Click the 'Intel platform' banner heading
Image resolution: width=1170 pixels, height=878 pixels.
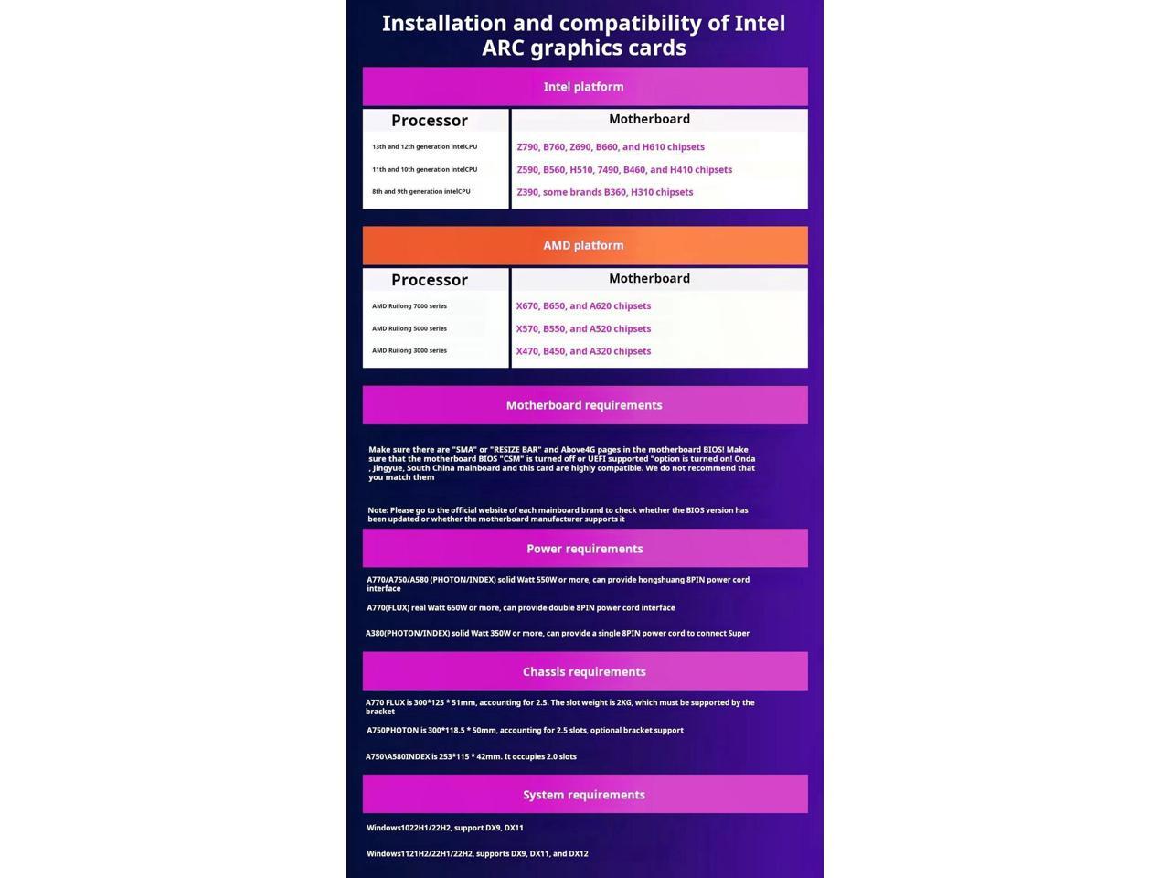(x=583, y=87)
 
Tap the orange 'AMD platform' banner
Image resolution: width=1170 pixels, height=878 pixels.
(x=583, y=245)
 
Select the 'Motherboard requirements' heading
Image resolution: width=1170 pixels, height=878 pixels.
(x=584, y=405)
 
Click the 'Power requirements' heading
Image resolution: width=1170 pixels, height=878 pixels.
(x=584, y=549)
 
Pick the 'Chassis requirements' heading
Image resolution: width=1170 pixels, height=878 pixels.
(x=584, y=671)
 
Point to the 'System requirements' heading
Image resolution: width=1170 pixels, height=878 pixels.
(x=584, y=795)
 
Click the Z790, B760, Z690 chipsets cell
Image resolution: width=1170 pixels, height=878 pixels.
(x=611, y=147)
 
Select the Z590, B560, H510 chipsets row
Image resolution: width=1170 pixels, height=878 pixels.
(x=624, y=170)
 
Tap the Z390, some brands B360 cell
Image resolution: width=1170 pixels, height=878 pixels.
(x=605, y=192)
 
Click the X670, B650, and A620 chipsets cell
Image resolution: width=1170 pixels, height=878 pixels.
(x=583, y=306)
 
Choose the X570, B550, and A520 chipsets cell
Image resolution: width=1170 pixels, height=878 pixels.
(x=583, y=329)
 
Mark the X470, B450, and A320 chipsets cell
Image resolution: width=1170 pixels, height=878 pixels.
(x=583, y=351)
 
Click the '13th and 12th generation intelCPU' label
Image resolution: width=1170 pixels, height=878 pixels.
(x=424, y=146)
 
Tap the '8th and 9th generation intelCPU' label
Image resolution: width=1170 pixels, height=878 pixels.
(x=420, y=191)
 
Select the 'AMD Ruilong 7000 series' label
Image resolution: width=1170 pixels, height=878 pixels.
(x=409, y=306)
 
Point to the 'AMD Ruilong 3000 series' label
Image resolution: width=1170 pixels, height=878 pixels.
(x=409, y=350)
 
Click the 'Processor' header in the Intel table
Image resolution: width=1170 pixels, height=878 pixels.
(x=430, y=121)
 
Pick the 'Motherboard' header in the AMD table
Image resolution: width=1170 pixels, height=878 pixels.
(x=649, y=278)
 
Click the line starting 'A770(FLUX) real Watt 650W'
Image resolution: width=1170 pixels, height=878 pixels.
(x=521, y=607)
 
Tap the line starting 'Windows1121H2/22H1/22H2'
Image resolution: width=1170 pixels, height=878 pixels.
(x=477, y=853)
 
